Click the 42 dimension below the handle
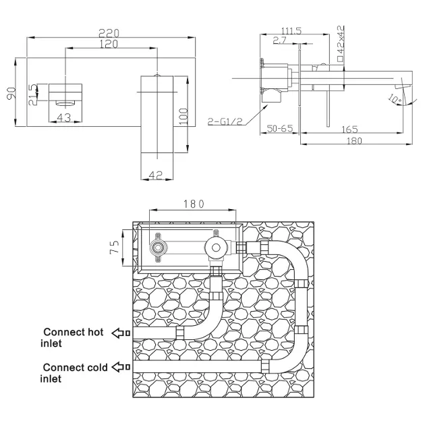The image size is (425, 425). [156, 175]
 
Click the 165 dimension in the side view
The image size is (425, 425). [349, 128]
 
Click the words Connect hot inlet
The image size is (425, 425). [73, 337]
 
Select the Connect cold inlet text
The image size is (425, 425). [74, 372]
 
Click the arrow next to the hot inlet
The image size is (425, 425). [121, 333]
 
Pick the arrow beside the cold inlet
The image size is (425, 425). [121, 367]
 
